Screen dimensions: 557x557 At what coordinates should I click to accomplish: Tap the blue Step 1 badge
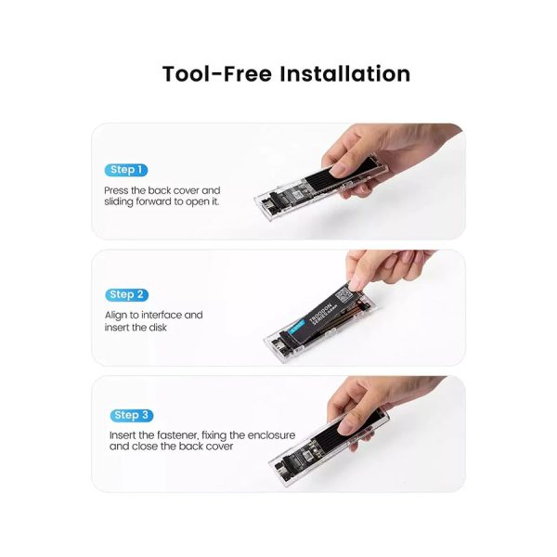click(125, 170)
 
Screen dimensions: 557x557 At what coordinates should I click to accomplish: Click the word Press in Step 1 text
click(118, 189)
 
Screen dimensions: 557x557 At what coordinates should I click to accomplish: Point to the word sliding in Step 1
click(122, 201)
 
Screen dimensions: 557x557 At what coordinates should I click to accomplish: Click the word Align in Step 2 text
click(117, 315)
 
